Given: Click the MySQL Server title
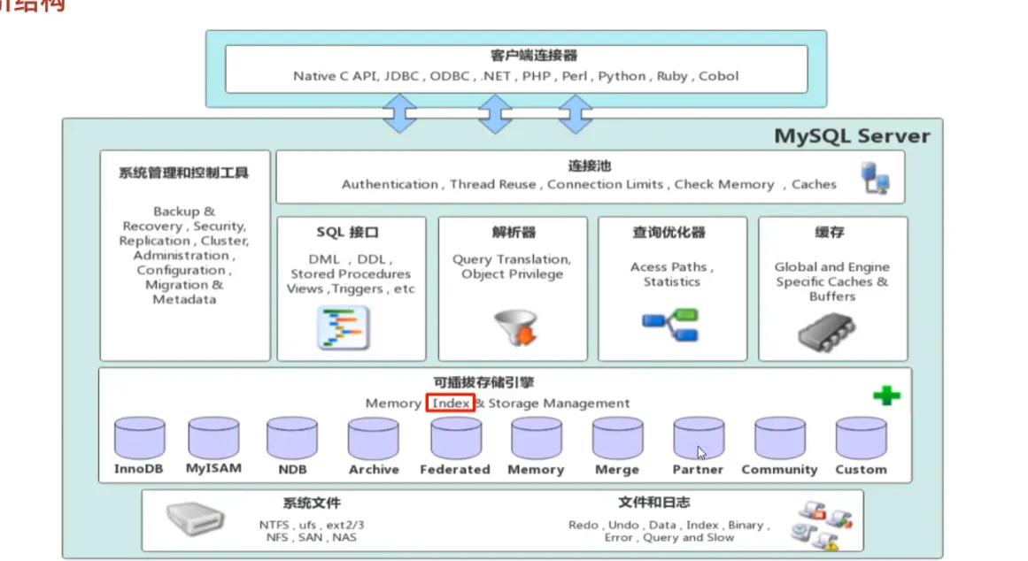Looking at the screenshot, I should pos(852,136).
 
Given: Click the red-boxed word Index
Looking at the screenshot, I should pos(451,403).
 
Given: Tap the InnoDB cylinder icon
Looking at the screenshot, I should pos(139,438).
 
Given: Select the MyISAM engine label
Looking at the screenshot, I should pos(213,468).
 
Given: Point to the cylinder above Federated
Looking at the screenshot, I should pos(456,438).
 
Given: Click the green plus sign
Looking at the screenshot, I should pos(885,396).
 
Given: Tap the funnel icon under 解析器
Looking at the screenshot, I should pos(513,327).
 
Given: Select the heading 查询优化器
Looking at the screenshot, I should pos(670,233).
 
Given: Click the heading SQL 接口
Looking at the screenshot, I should pos(347,233).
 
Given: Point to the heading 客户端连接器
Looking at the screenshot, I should pos(522,56).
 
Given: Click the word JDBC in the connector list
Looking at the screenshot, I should pos(403,76).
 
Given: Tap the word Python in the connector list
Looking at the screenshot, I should pos(622,76).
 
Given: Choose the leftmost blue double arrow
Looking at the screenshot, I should pos(400,114).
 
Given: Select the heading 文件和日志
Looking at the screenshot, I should pos(653,503).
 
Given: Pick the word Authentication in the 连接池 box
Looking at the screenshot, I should pos(390,184).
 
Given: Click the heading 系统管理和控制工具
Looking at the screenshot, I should pos(183,173).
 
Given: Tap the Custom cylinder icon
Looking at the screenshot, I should pos(861,438).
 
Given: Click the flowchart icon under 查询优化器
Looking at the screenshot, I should pos(669,325).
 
